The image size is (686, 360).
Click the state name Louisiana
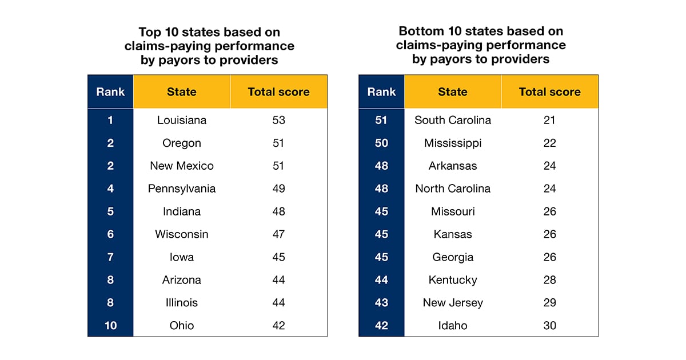coord(181,120)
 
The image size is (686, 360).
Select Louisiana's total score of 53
coord(278,120)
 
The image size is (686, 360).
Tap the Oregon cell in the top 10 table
coord(181,143)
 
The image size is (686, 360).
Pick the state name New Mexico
coord(181,166)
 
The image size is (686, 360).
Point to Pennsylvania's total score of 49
coord(278,189)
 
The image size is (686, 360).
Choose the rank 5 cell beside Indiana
coord(110,211)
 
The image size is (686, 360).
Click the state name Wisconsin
coord(181,234)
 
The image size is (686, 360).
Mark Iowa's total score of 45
coord(278,257)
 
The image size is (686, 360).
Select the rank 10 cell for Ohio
coord(110,326)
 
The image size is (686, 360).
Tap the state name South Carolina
coord(452,120)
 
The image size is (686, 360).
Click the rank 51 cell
coord(381,120)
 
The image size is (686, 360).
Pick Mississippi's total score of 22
coord(549,143)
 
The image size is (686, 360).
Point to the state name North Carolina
coord(452,189)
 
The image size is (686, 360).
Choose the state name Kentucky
coord(452,280)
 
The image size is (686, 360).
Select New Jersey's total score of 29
coord(549,303)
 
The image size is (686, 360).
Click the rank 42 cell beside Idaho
coord(381,326)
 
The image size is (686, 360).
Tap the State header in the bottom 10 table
coord(452,91)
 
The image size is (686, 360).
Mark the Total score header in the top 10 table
coord(278,91)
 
